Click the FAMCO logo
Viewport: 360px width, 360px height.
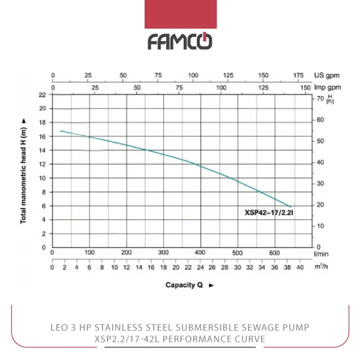click(x=179, y=41)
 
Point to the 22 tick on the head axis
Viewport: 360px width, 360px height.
click(x=42, y=95)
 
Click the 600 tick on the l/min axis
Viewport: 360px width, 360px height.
click(x=274, y=252)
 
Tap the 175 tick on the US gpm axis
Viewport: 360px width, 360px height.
click(x=298, y=76)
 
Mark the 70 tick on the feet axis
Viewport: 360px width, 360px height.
click(x=320, y=98)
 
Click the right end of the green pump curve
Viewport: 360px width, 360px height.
click(x=291, y=207)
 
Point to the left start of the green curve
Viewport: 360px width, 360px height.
click(x=61, y=131)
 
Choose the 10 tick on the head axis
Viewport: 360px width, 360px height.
click(x=42, y=178)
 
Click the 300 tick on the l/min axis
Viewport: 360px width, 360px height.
click(x=163, y=252)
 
